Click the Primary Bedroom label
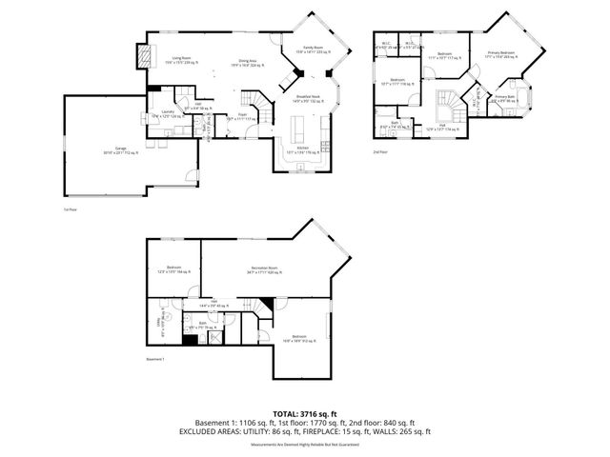coord(500,54)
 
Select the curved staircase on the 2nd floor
coord(444,103)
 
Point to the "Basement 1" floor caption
coord(157,359)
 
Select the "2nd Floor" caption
coord(381,150)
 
